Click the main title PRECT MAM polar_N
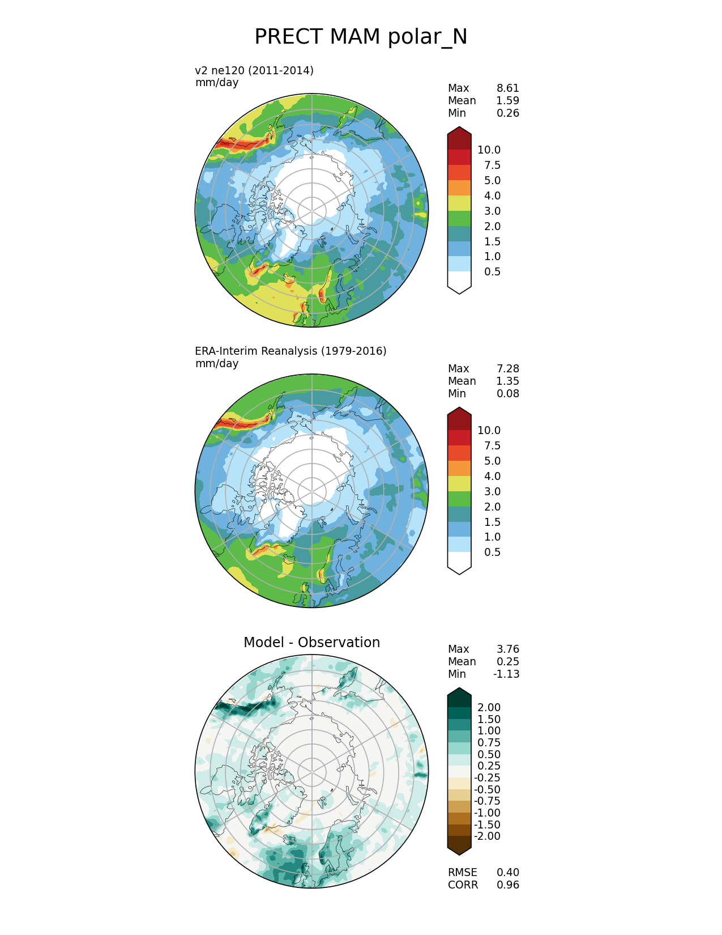tap(361, 37)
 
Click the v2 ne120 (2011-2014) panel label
tap(254, 70)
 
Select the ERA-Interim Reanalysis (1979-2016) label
tap(290, 351)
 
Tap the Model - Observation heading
tap(311, 642)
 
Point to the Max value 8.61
tap(507, 88)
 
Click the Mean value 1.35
tap(507, 381)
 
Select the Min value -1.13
tap(506, 674)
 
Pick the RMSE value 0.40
tap(507, 872)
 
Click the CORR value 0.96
tap(507, 885)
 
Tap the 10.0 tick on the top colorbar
tap(489, 150)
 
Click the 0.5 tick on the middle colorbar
tap(492, 552)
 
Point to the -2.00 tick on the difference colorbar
tap(487, 836)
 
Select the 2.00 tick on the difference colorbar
tap(489, 707)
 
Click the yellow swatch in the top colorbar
tap(459, 203)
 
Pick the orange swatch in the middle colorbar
tap(459, 468)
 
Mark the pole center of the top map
tap(312, 210)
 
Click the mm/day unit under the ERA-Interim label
tap(217, 363)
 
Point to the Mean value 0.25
tap(507, 661)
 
